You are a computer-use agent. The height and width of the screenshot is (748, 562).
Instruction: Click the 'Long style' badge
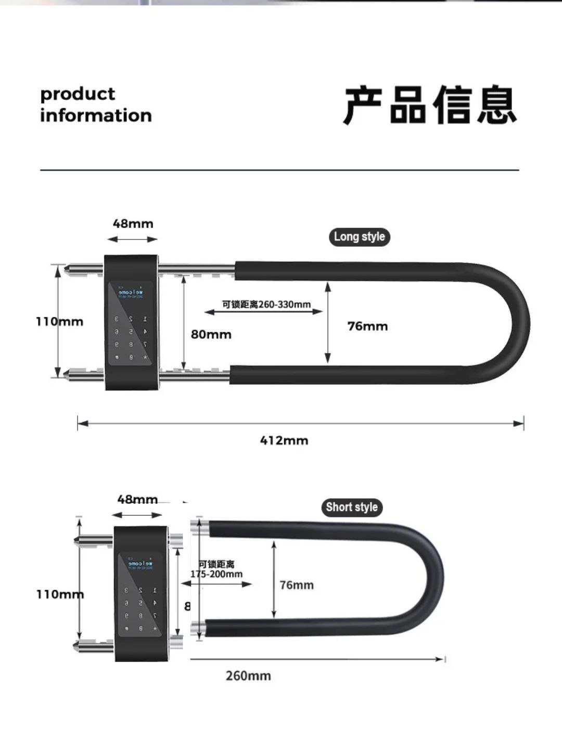pos(359,237)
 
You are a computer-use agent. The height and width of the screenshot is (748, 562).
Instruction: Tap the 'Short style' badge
pos(351,507)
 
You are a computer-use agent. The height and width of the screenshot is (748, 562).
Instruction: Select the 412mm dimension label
pos(284,440)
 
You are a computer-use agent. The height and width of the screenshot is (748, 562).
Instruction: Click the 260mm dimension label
pos(248,676)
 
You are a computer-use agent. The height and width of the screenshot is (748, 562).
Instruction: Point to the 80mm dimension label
pos(211,334)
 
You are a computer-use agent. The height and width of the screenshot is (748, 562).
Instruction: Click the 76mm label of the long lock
pos(367,326)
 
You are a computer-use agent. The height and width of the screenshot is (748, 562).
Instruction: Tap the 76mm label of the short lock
pos(297,585)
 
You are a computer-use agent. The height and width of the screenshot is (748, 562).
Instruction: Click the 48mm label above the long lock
pos(133,224)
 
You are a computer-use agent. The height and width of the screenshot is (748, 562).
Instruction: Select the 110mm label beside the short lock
pos(60,594)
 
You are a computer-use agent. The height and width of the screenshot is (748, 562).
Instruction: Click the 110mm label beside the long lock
pos(59,321)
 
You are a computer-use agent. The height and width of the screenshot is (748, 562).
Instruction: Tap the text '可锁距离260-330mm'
pos(266,305)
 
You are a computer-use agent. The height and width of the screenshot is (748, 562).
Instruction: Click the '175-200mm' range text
pos(216,574)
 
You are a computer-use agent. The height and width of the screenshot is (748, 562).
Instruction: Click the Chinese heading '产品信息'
pos(430,106)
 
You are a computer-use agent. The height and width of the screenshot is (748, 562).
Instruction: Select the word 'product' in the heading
pos(78,94)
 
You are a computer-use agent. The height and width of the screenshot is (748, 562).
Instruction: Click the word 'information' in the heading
pos(96,116)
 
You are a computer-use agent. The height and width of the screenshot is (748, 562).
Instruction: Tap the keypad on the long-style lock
pos(131,337)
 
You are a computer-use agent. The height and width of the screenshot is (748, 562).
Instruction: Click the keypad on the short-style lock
pos(140,609)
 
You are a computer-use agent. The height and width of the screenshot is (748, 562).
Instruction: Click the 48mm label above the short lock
pos(137,500)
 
